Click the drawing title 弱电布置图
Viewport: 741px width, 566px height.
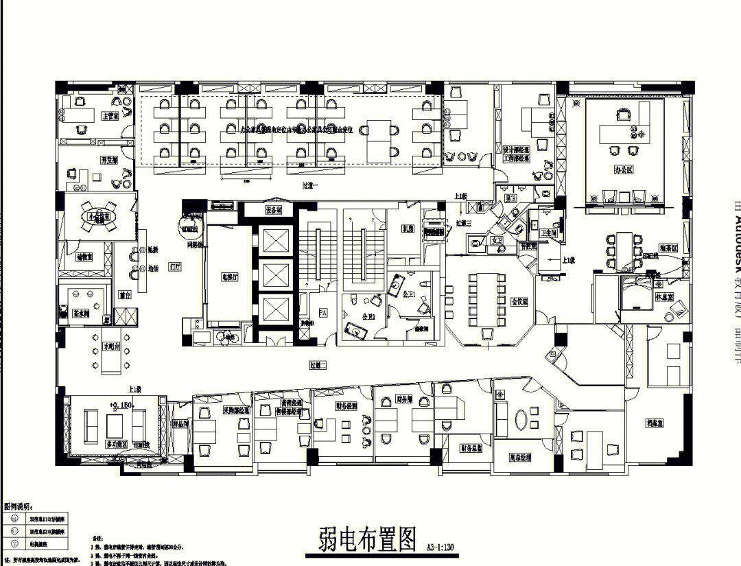(x=368, y=540)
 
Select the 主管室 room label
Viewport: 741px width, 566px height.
(x=110, y=117)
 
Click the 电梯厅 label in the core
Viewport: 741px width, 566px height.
(x=229, y=278)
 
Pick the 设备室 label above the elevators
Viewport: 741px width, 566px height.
(x=274, y=211)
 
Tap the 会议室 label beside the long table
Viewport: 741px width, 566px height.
(x=520, y=301)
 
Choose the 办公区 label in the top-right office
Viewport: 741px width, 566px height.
(x=622, y=168)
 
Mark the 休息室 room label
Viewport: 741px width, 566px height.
(x=663, y=298)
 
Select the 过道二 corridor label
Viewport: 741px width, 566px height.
(x=318, y=366)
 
